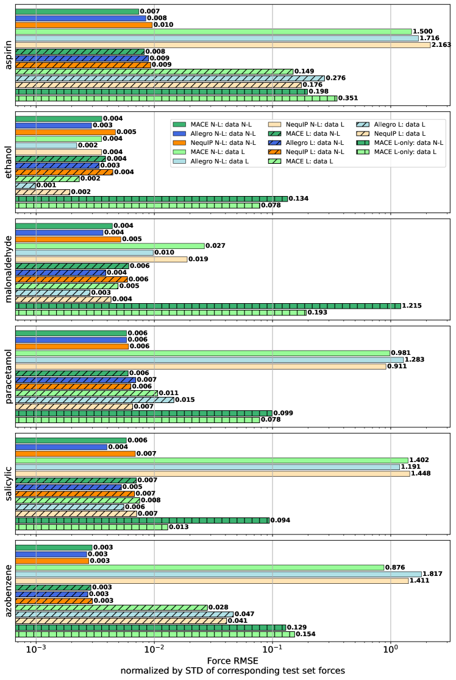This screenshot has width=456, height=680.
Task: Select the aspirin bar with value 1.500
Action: tap(213, 31)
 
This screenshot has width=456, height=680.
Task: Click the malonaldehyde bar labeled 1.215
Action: tap(208, 306)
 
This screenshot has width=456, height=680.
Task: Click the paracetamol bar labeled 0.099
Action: tap(144, 413)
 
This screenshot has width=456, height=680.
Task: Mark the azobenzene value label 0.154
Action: tap(306, 634)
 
